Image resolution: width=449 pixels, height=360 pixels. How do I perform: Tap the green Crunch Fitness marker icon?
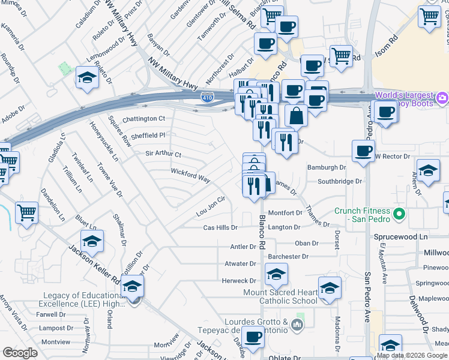399,214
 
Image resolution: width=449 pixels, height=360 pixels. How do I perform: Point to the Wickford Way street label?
190,179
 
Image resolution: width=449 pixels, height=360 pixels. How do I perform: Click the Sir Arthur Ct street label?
163,154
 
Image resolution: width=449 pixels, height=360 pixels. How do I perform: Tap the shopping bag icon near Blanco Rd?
296,116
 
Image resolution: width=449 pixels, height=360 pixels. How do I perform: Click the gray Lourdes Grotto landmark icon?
296,325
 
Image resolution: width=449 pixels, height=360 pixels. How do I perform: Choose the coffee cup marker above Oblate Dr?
253,338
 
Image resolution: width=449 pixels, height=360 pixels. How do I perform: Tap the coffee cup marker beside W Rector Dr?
363,151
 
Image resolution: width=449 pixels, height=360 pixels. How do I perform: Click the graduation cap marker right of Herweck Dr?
276,274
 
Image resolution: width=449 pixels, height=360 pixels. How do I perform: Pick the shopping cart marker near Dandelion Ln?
27,212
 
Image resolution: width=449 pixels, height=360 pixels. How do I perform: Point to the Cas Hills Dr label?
220,228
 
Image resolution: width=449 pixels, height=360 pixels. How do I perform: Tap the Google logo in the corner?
19,353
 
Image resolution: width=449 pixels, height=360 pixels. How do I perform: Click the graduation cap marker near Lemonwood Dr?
88,77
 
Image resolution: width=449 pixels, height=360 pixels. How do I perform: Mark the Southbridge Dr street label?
340,181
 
